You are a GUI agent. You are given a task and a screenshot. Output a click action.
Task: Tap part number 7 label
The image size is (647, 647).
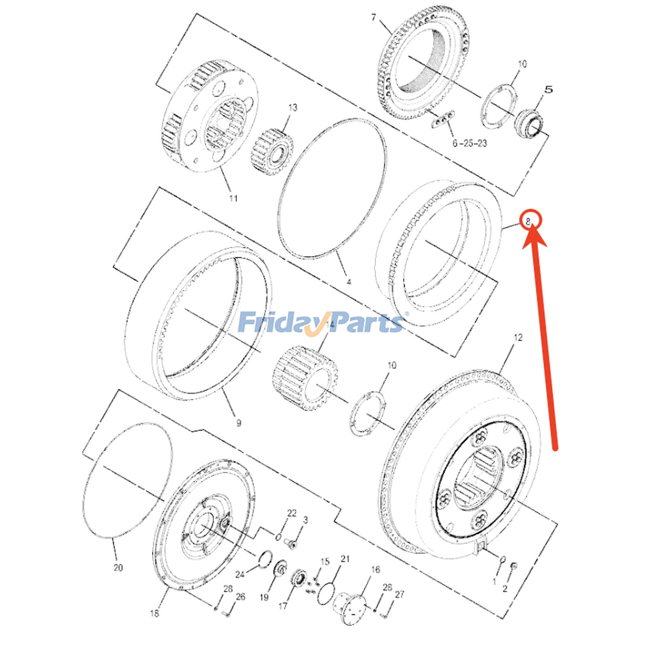pos(374,17)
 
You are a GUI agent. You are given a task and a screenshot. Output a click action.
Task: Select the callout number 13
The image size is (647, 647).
pos(293,108)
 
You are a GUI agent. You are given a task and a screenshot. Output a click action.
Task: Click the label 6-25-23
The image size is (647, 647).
pos(469,143)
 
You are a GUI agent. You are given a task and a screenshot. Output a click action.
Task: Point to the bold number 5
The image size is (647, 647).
pos(548,89)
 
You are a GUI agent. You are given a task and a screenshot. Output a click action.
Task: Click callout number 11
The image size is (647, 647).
pos(233,199)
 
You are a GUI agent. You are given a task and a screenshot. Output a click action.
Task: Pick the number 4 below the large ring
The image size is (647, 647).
pos(349,282)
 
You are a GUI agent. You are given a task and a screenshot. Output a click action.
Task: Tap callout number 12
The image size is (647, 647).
pos(518,337)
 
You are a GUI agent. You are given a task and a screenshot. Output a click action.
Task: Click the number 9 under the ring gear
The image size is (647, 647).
pos(239,423)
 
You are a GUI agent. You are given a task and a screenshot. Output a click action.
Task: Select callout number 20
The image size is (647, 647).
pos(118,568)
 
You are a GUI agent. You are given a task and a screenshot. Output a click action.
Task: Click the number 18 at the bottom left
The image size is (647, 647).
pos(154,613)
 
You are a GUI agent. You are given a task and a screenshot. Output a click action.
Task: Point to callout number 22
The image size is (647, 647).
pos(292,513)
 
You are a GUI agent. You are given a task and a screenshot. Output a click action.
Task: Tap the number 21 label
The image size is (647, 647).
pos(345,559)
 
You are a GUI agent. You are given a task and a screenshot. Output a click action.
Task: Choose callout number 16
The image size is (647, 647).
pos(376,570)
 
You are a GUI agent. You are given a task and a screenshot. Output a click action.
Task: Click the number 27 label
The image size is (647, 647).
pos(400,594)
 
